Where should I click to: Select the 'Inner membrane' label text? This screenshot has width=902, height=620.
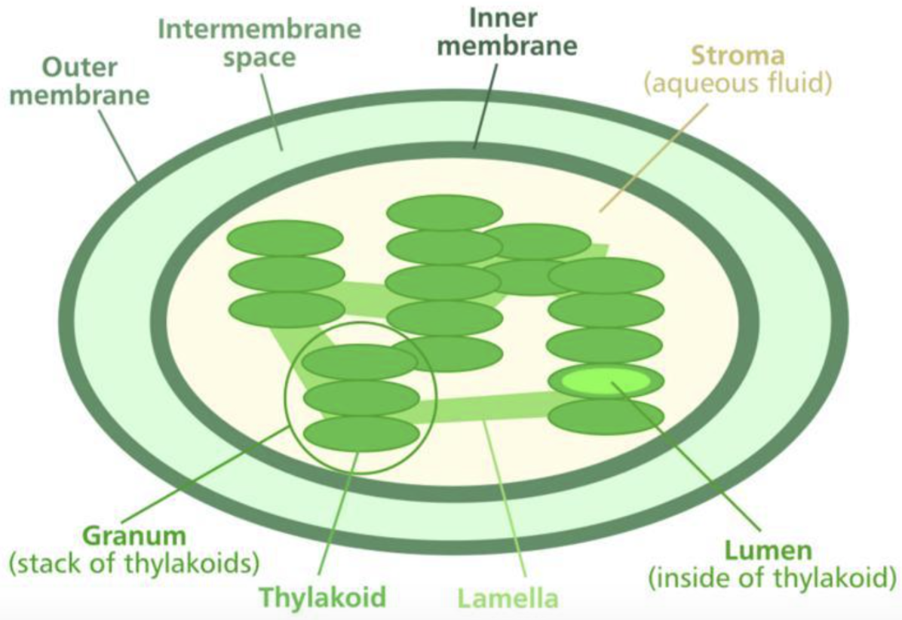(x=508, y=32)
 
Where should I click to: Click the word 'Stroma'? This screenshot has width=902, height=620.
(x=737, y=56)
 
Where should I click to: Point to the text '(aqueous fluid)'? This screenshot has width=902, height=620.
(x=737, y=81)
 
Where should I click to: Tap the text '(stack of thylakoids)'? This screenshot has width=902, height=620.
(x=134, y=562)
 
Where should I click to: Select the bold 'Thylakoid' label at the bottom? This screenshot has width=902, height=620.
(x=322, y=597)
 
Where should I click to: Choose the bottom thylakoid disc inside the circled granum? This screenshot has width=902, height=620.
(x=361, y=433)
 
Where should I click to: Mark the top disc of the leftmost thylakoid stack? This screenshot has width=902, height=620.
(x=286, y=238)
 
